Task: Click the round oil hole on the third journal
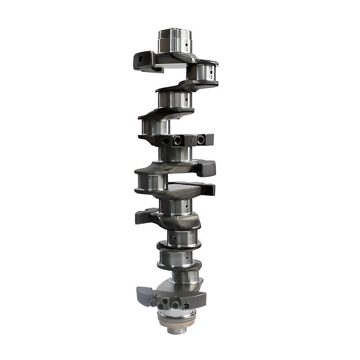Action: coord(184,100)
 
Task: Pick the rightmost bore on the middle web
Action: coord(201,140)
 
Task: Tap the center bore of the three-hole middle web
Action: coord(177,141)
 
